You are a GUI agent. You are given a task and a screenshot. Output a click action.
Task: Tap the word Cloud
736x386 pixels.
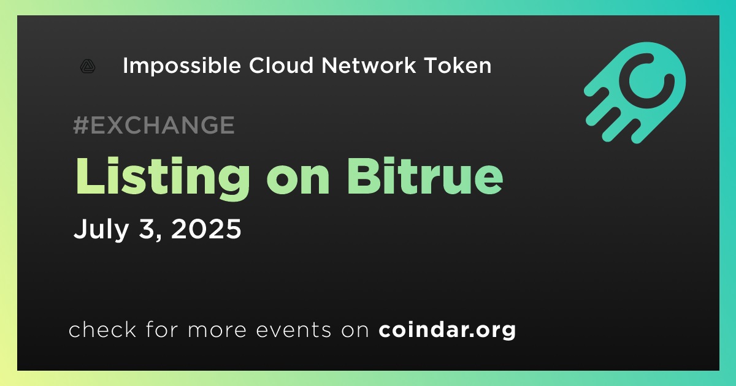(282, 66)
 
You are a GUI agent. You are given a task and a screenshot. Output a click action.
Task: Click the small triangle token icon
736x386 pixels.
(88, 66)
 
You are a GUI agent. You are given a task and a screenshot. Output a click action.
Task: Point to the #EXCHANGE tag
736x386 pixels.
(154, 125)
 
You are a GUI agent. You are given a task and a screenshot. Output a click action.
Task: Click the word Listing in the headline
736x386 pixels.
(163, 177)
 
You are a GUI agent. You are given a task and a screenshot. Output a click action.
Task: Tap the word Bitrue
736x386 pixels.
(425, 176)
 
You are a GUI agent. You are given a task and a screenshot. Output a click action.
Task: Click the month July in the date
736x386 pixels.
(101, 229)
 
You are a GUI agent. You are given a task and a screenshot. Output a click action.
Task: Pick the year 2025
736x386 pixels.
(206, 229)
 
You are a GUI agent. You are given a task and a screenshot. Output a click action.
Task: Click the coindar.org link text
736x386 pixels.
(447, 330)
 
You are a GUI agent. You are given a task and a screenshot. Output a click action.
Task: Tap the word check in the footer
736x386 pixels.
(102, 330)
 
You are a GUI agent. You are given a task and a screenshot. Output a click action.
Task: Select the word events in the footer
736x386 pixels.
(293, 330)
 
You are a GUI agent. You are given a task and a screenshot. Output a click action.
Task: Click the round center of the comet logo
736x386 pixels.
(646, 80)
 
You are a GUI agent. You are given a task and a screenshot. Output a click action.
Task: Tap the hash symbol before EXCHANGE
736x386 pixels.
(80, 125)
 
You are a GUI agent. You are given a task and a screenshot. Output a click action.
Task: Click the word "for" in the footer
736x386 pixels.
(162, 330)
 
